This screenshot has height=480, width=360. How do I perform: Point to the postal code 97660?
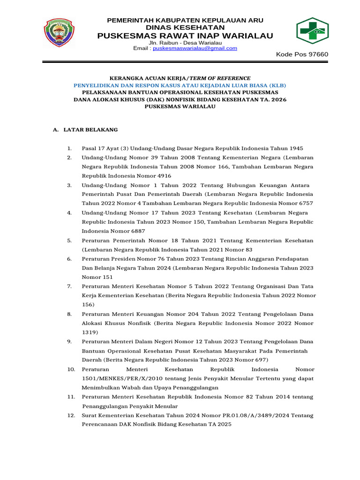[318, 55]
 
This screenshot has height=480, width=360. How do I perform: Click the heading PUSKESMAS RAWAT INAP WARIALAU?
[185, 36]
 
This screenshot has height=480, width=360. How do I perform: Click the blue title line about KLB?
[180, 85]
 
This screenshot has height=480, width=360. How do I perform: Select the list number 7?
[69, 286]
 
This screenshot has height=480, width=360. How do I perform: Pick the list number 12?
[71, 415]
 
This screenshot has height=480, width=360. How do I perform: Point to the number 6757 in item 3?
[303, 203]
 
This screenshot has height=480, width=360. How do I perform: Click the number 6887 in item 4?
[136, 231]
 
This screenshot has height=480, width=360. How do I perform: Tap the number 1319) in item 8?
[90, 332]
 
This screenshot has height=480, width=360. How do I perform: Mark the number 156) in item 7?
[88, 305]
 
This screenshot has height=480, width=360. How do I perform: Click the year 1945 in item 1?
[300, 148]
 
